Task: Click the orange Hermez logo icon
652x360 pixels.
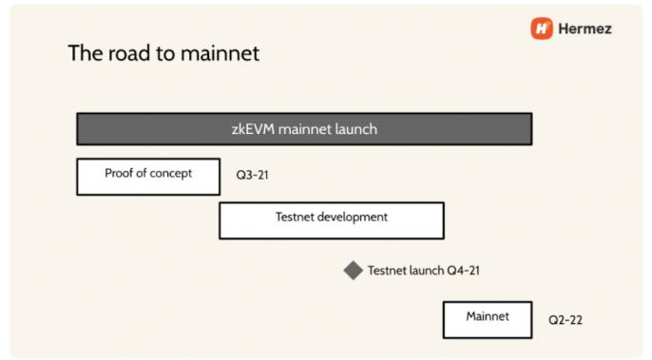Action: click(x=542, y=28)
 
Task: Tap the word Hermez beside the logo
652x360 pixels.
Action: click(x=585, y=28)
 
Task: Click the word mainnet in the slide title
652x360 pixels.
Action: click(x=220, y=53)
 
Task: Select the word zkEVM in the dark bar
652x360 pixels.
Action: click(x=253, y=129)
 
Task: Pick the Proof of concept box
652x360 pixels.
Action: click(x=148, y=177)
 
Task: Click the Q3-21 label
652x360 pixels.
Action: click(x=253, y=175)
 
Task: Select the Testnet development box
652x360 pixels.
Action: click(x=332, y=220)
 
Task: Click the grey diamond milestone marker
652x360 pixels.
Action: click(x=354, y=270)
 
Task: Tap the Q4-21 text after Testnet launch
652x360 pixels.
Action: click(x=463, y=271)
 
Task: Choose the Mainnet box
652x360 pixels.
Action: click(x=488, y=320)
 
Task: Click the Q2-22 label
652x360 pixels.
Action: click(x=566, y=320)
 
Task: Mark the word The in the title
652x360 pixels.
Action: click(x=86, y=53)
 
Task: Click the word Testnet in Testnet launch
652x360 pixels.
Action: click(x=387, y=271)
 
